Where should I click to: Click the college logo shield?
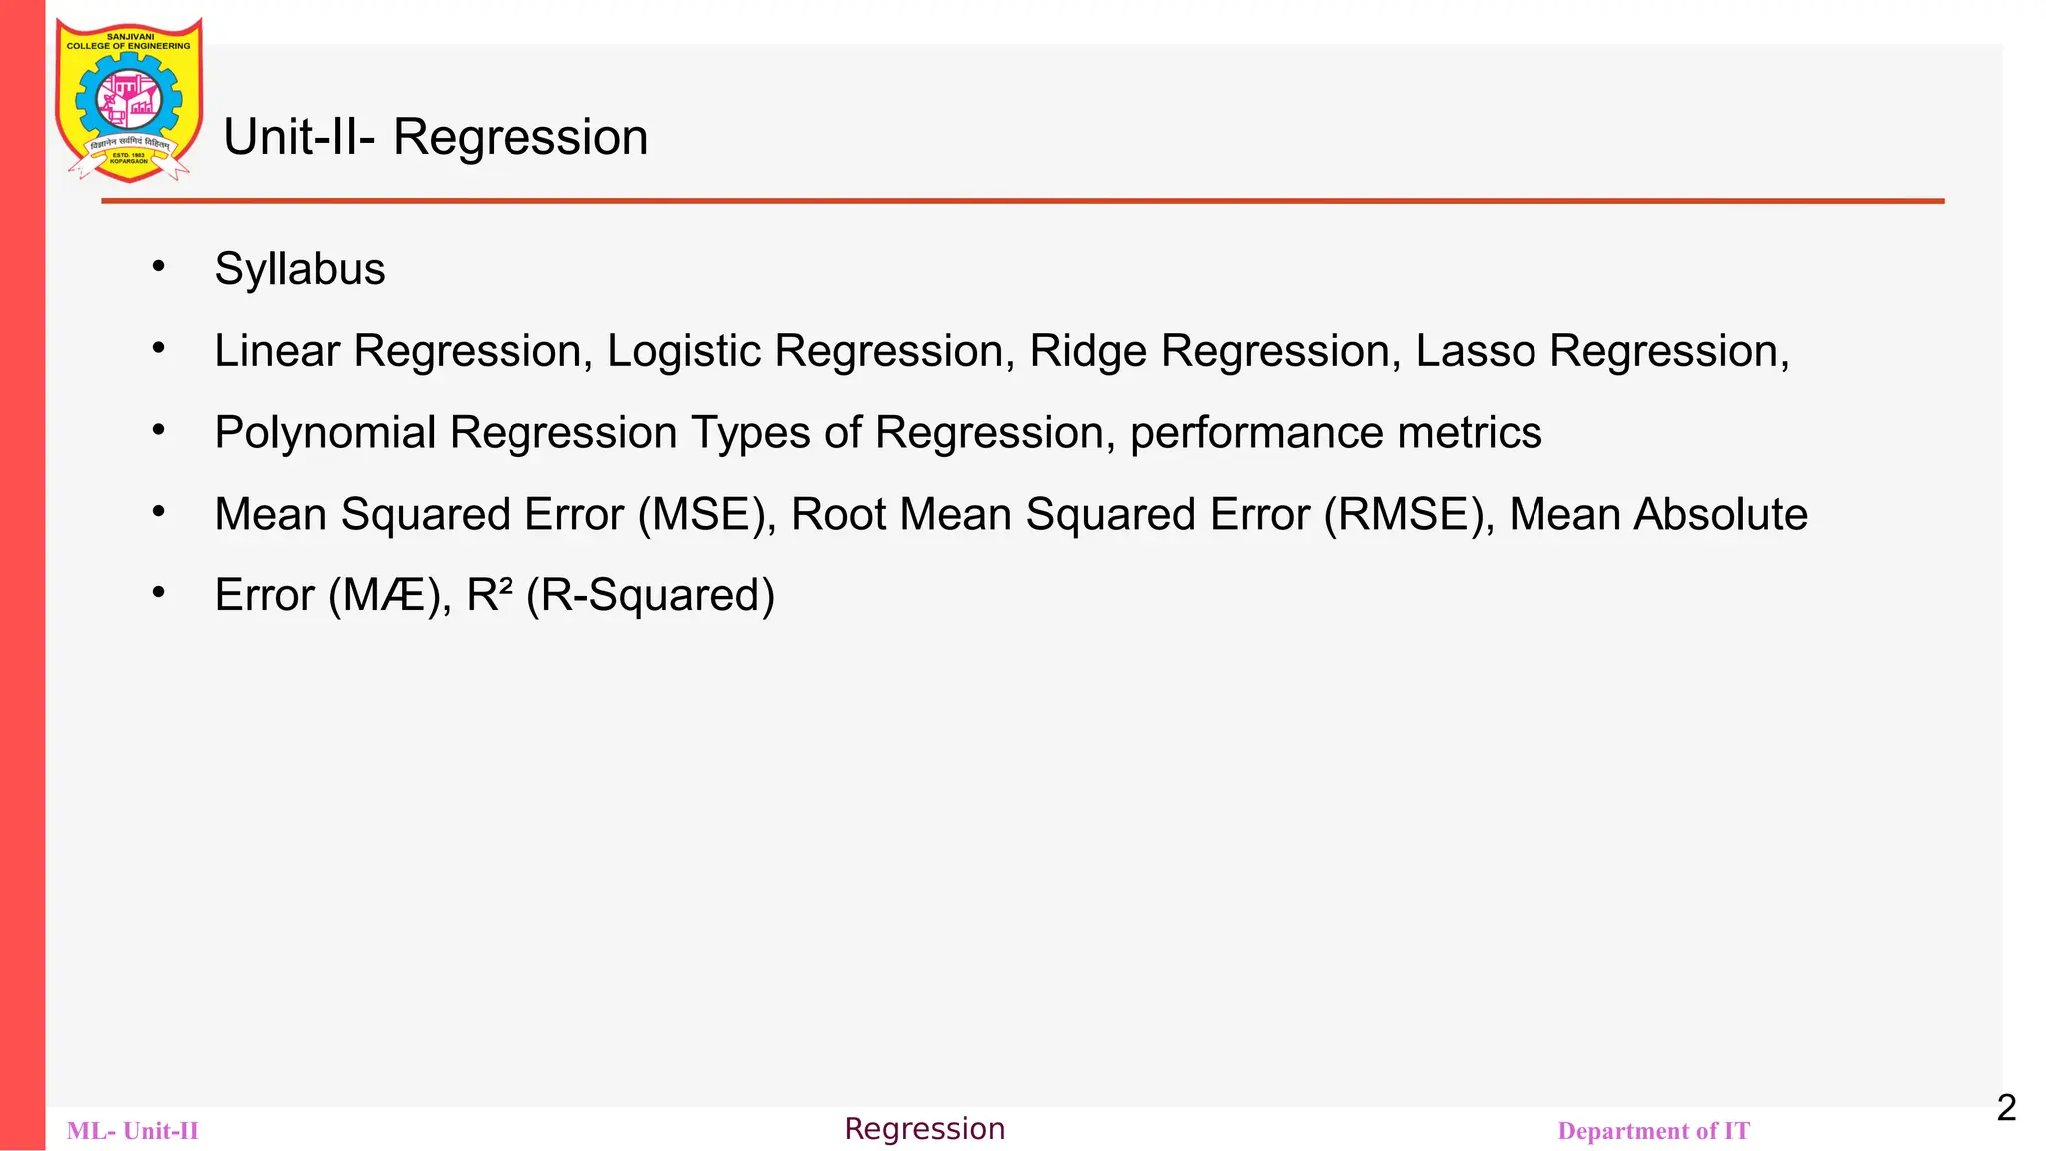click(x=129, y=100)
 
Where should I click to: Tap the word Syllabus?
click(x=299, y=269)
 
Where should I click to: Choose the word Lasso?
click(x=1475, y=351)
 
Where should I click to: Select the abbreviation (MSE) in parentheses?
click(x=706, y=515)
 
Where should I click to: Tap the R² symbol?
click(x=489, y=595)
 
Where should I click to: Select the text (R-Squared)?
click(x=650, y=596)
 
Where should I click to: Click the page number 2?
click(x=2006, y=1108)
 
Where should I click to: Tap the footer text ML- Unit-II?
click(x=133, y=1131)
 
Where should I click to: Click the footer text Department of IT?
click(x=1653, y=1131)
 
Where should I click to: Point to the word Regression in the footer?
click(x=924, y=1129)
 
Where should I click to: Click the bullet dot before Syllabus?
click(x=158, y=267)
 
